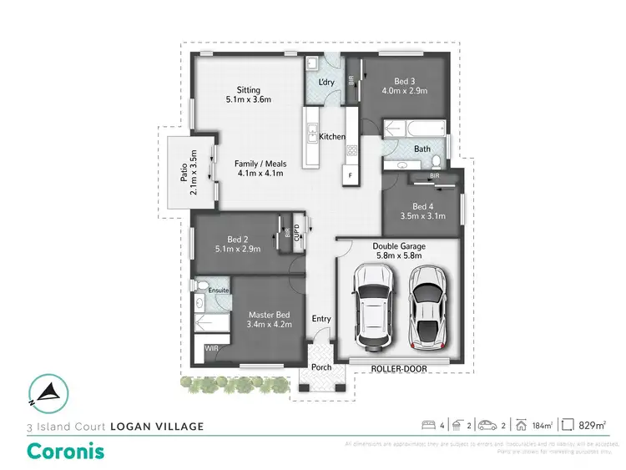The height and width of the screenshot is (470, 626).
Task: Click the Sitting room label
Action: [249, 90]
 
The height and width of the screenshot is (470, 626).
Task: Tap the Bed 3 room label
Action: [405, 81]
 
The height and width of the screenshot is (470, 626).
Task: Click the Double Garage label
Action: [399, 246]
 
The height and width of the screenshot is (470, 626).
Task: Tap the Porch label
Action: [321, 367]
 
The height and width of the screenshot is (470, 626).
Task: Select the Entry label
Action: [321, 318]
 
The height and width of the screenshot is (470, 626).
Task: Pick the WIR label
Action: [212, 346]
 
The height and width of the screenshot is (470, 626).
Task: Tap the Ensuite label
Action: [219, 290]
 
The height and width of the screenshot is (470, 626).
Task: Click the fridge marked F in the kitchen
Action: [351, 176]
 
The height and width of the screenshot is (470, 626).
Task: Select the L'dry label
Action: [328, 81]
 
